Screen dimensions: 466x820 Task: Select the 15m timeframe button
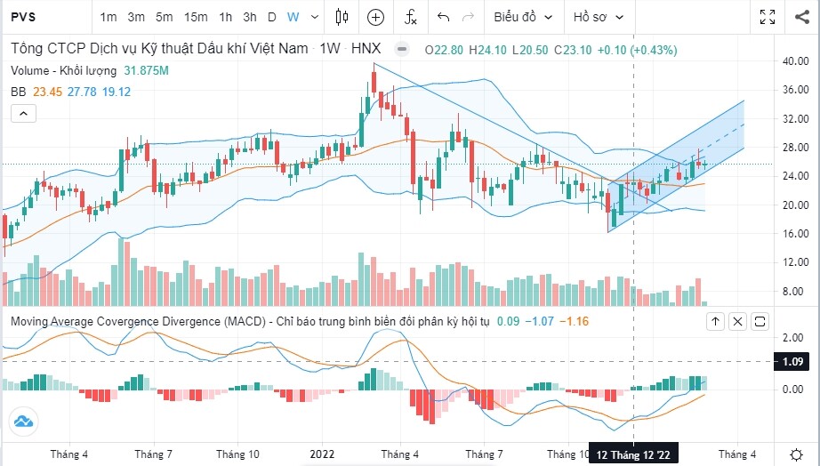pos(196,17)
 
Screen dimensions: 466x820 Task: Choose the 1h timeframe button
pos(226,17)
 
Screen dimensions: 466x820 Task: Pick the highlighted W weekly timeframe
pos(293,17)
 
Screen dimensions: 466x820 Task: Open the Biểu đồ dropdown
pos(523,17)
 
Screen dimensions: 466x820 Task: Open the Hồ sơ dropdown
pos(599,17)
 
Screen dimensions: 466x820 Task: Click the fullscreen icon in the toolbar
pos(768,17)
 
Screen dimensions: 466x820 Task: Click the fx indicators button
pos(410,17)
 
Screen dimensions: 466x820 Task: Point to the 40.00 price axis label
pos(793,61)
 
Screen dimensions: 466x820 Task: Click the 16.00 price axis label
pos(793,234)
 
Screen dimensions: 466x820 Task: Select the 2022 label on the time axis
pos(322,454)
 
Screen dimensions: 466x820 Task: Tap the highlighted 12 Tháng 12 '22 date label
pos(633,454)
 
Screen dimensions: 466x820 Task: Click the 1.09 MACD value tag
pos(794,362)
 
